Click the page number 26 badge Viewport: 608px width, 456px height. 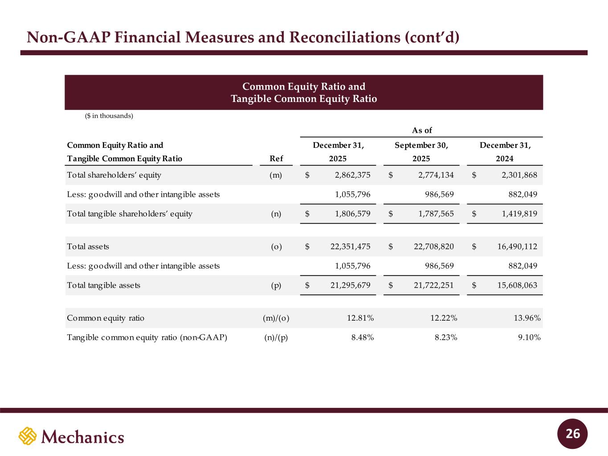click(573, 433)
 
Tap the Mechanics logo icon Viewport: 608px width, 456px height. click(27, 436)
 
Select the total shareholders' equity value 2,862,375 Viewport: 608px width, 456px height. click(352, 175)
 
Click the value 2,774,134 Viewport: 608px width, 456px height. click(436, 175)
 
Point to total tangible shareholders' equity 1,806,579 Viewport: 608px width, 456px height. click(352, 214)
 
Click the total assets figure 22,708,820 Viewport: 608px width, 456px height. click(433, 247)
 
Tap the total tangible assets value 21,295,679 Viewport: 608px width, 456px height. click(350, 285)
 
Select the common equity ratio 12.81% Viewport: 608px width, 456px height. click(360, 318)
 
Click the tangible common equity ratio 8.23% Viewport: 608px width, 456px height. click(446, 338)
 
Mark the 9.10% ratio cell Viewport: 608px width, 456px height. click(529, 338)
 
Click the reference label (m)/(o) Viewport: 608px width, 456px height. click(276, 318)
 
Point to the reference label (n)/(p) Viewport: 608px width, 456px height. click(276, 338)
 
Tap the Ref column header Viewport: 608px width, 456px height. click(276, 159)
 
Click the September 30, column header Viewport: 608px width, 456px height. click(421, 145)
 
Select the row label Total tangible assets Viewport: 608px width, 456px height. click(103, 285)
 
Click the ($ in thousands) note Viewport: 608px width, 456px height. click(109, 116)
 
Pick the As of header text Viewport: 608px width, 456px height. click(422, 130)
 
